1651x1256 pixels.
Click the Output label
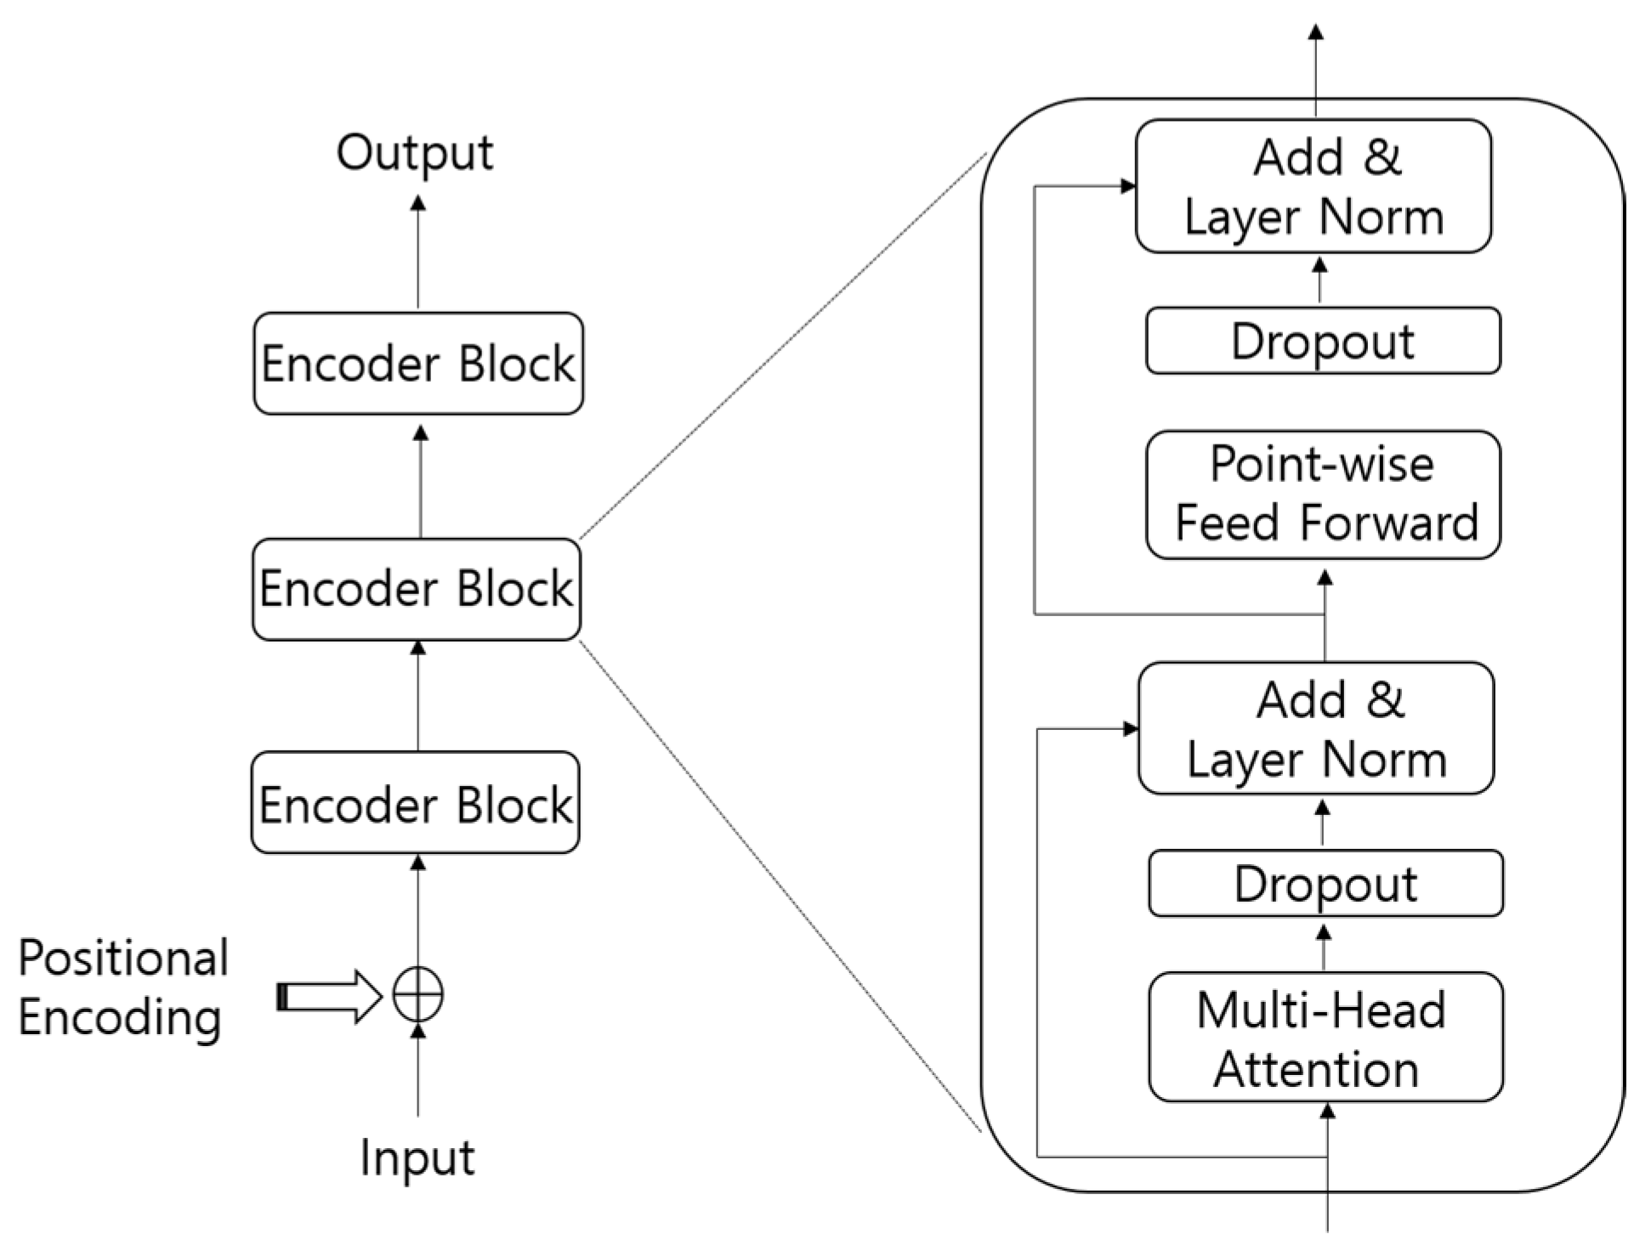(414, 154)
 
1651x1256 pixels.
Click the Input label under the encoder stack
(417, 1157)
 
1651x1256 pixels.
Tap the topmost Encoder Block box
(418, 364)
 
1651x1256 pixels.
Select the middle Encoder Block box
(417, 589)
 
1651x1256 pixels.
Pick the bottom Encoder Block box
(416, 803)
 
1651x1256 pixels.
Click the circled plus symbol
(417, 994)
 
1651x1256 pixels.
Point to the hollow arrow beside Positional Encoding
(330, 996)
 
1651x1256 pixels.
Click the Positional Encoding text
(122, 987)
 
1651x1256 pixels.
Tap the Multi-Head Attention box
(1325, 1038)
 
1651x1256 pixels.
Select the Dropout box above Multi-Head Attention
(1325, 884)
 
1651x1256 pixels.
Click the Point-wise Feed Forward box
(1323, 495)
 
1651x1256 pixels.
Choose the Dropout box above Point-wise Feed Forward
(1323, 341)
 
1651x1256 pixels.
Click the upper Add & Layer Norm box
(1313, 186)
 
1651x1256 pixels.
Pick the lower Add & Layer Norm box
(1316, 728)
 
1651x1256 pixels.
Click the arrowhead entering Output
(417, 203)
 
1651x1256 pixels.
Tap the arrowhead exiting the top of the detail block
(1315, 32)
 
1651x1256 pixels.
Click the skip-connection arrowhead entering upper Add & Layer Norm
(1128, 186)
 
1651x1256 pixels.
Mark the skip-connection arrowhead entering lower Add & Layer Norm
(1131, 728)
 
